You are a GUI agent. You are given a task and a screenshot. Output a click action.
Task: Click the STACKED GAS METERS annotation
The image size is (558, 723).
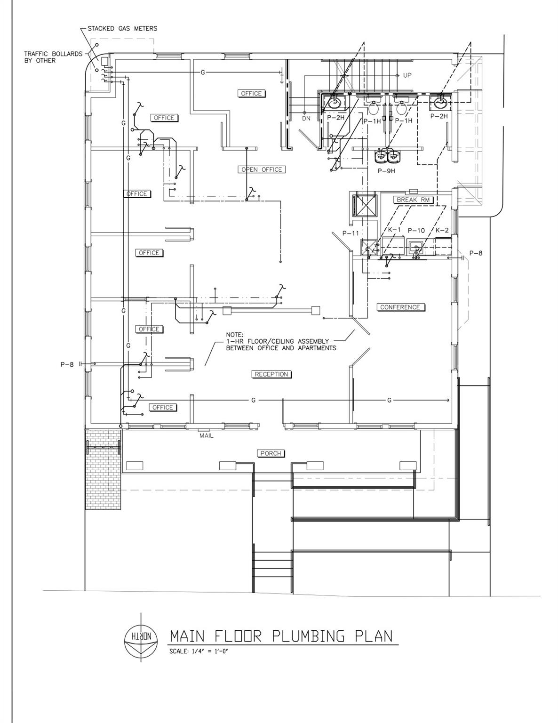pos(122,29)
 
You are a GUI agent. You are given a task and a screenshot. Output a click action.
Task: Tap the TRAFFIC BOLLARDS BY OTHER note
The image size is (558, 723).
pos(53,57)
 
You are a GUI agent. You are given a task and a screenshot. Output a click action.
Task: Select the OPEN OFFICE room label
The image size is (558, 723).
pos(262,169)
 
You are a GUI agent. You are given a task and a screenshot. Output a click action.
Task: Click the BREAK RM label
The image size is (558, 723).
pos(414,200)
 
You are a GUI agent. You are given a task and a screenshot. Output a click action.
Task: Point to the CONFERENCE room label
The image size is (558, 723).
pos(400,307)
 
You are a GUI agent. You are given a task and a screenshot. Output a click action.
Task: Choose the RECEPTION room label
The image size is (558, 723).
pos(271,374)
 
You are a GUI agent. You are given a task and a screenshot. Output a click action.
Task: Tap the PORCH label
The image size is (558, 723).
pos(271,453)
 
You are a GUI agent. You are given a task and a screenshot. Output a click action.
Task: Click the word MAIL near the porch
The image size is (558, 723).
pos(207,435)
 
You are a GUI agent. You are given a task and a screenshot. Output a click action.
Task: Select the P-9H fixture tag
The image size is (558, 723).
pos(386,171)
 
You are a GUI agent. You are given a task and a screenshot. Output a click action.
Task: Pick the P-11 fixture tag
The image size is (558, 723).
pos(351,233)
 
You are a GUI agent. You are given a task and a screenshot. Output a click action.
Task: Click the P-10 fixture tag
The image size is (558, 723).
pos(416,231)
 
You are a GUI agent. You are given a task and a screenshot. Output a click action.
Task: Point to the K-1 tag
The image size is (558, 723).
pos(394,230)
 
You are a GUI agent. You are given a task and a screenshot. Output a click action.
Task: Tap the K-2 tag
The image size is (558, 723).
pos(442,230)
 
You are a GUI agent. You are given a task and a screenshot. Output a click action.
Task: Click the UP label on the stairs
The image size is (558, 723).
pos(407,75)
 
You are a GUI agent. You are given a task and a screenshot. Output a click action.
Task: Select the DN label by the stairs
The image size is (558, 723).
pos(306,119)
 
